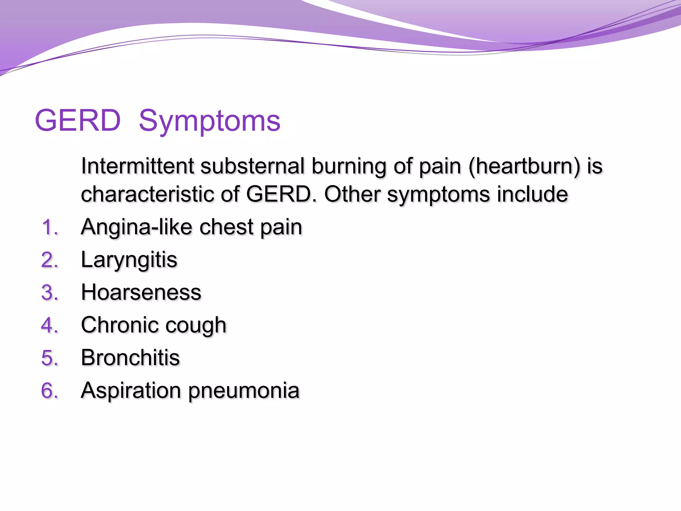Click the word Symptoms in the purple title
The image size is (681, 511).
click(x=209, y=121)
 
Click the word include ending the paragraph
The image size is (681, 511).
click(x=532, y=194)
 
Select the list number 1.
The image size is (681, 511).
click(x=50, y=228)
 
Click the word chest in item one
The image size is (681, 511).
click(x=226, y=227)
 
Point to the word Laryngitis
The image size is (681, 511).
click(x=129, y=260)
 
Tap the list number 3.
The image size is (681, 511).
click(x=50, y=293)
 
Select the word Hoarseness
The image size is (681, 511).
click(x=141, y=292)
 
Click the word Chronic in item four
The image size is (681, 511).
click(x=120, y=325)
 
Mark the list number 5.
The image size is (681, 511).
click(x=50, y=358)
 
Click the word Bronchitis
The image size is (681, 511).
click(x=130, y=358)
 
